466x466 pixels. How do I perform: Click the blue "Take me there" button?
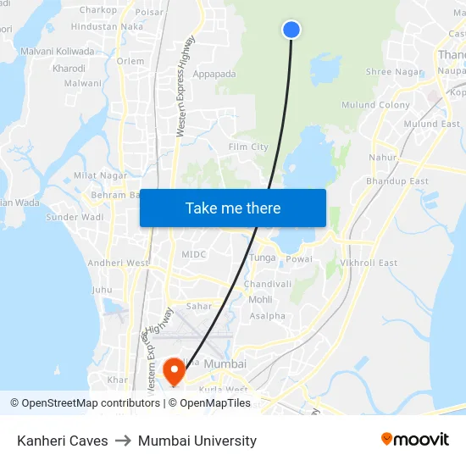[x=233, y=208]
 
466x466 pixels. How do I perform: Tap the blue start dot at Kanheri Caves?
[x=291, y=30]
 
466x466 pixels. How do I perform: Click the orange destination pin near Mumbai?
[x=174, y=369]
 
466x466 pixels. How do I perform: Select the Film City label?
[x=248, y=147]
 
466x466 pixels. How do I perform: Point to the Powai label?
[x=299, y=259]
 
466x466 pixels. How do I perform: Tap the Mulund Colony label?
[x=375, y=105]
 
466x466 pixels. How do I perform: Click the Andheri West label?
[x=117, y=263]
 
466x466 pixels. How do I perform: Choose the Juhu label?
[x=102, y=290]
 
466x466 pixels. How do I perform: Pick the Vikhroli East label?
[x=369, y=263]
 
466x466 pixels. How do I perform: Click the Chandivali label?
[x=268, y=284]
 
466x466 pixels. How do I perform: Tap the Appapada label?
[x=214, y=74]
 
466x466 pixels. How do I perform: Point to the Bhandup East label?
[x=397, y=181]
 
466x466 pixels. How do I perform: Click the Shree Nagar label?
[x=392, y=72]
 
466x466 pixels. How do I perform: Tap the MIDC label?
[x=193, y=254]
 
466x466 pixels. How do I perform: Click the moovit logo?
[x=414, y=439]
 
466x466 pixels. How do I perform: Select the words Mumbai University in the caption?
[x=197, y=441]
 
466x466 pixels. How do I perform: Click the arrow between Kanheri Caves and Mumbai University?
[x=123, y=441]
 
